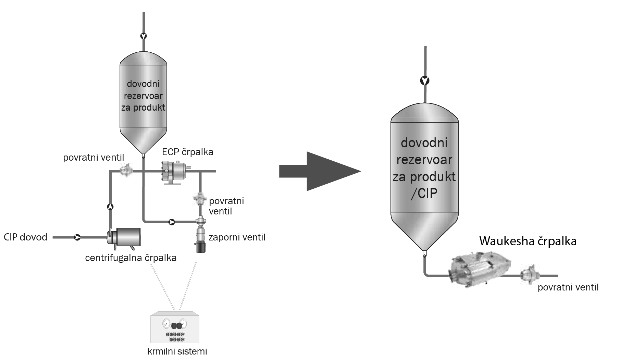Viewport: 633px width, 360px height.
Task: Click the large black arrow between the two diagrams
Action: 320,171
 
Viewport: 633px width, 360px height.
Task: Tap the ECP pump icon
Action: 175,172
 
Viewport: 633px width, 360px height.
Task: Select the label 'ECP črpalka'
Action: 187,152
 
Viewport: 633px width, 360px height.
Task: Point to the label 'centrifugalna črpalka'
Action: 131,258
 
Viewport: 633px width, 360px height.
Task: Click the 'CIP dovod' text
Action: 26,237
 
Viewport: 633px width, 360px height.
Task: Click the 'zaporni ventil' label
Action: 237,237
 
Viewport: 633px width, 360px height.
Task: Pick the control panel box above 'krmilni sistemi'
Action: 175,327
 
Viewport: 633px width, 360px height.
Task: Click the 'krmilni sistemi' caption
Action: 177,351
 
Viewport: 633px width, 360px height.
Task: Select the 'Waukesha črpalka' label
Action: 527,241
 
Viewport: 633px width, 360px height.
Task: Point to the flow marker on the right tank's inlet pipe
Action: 425,81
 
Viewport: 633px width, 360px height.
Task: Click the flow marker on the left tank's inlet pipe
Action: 144,36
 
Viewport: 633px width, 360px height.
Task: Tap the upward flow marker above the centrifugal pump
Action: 110,207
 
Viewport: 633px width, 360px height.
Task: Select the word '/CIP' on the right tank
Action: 424,194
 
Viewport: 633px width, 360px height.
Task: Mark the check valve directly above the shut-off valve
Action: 200,199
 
